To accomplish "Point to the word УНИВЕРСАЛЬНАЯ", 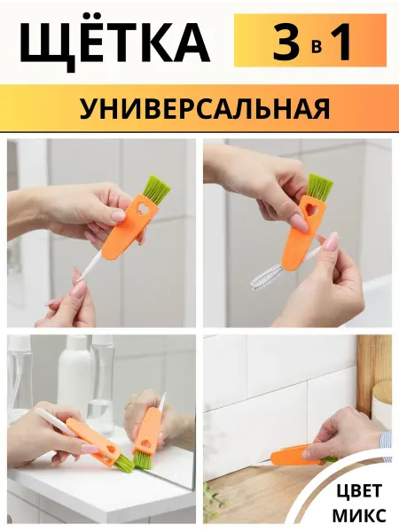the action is click(205, 108).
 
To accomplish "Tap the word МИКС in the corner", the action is click(359, 514).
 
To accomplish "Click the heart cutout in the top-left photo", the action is click(138, 209).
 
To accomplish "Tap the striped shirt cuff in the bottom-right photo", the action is click(387, 446).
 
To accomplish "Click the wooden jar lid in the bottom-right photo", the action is click(383, 389).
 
